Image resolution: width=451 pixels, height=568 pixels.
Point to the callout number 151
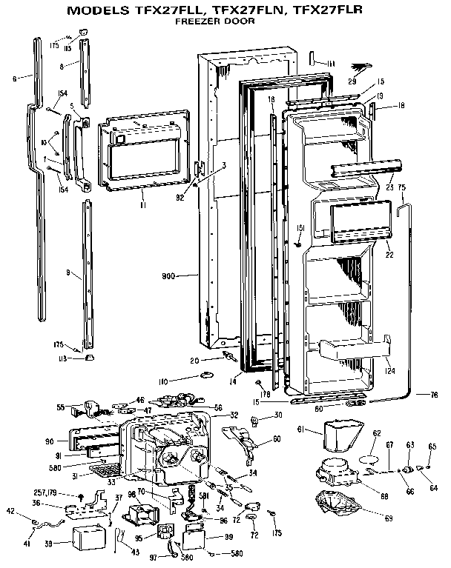[x=300, y=227]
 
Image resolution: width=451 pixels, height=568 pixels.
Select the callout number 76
[x=433, y=395]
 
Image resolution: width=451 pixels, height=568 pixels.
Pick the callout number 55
[x=61, y=407]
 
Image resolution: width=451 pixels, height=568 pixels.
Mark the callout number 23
[x=388, y=188]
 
